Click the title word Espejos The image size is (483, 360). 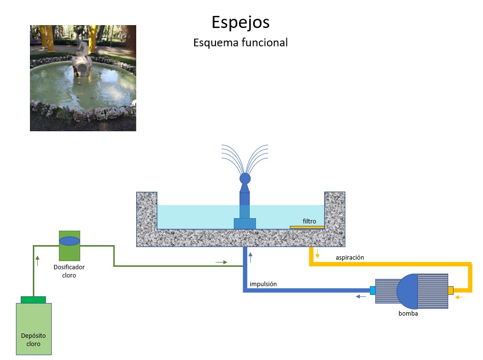click(x=241, y=22)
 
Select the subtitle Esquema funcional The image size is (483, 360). click(x=241, y=42)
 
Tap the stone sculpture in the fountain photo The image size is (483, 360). click(x=82, y=60)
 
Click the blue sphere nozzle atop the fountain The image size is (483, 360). click(x=245, y=178)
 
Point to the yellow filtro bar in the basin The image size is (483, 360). click(x=307, y=227)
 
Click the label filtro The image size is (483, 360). click(x=309, y=221)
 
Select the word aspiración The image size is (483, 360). click(x=350, y=258)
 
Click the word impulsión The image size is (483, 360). click(x=263, y=284)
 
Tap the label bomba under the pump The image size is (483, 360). click(x=408, y=313)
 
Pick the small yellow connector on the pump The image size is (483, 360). click(x=451, y=290)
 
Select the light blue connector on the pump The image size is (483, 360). click(x=372, y=291)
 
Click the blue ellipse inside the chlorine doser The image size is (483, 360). click(x=70, y=240)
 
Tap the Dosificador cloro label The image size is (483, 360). click(x=69, y=271)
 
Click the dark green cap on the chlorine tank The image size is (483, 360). click(x=33, y=300)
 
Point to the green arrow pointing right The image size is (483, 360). click(x=221, y=262)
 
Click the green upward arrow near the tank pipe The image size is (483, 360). click(x=38, y=261)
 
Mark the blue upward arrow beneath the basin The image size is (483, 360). click(x=250, y=256)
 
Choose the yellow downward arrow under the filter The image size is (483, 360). click(x=317, y=254)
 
